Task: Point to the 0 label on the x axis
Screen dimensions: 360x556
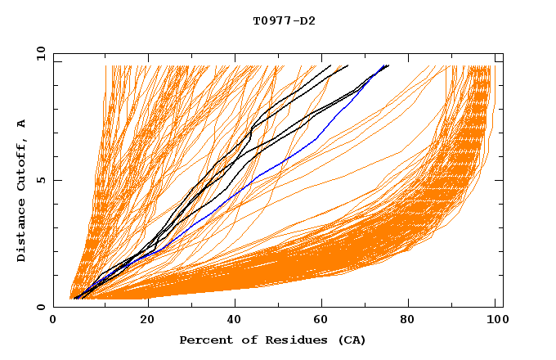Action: (x=53, y=322)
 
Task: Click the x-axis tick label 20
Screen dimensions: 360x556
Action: (x=142, y=322)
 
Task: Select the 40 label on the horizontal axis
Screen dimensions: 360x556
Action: (x=231, y=322)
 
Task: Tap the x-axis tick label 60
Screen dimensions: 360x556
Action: (x=320, y=322)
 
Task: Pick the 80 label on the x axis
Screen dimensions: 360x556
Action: (x=409, y=322)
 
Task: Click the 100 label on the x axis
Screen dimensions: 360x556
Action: (x=495, y=322)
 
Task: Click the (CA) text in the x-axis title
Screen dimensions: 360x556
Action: (x=352, y=340)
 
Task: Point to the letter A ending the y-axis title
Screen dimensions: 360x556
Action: (x=22, y=123)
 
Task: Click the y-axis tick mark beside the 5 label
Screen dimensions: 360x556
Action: (x=56, y=180)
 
